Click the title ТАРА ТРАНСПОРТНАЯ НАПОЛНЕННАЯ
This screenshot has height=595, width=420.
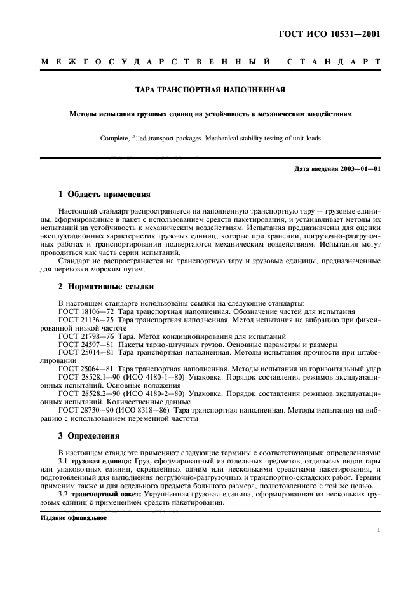210,90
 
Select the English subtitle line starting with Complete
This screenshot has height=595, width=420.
210,138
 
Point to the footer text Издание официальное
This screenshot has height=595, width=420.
74,517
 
